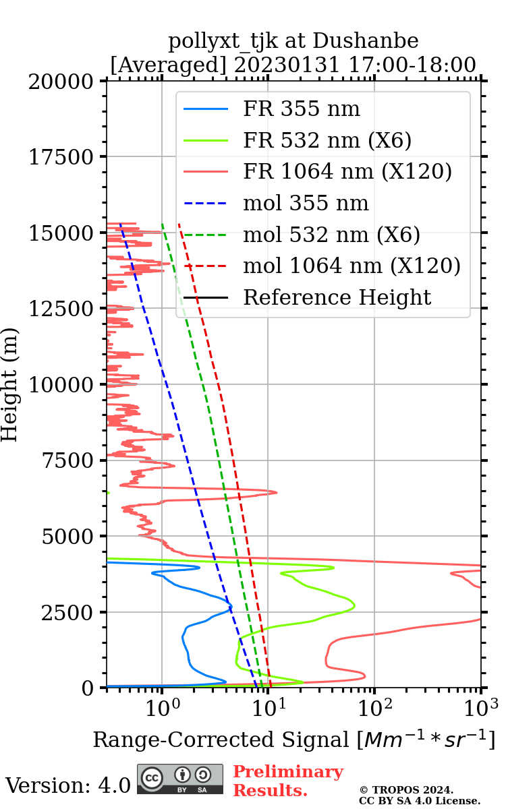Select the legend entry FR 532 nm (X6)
click(327, 140)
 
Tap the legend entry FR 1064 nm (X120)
click(347, 172)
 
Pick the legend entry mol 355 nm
click(306, 203)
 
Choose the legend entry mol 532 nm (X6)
click(331, 235)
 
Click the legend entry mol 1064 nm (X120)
click(352, 266)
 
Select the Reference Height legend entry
click(337, 297)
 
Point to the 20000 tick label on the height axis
click(61, 82)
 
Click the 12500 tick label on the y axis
click(61, 309)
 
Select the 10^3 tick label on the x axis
click(481, 707)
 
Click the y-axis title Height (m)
click(10, 384)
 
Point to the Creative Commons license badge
click(180, 779)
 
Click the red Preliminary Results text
click(287, 781)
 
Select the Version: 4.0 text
click(67, 785)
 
